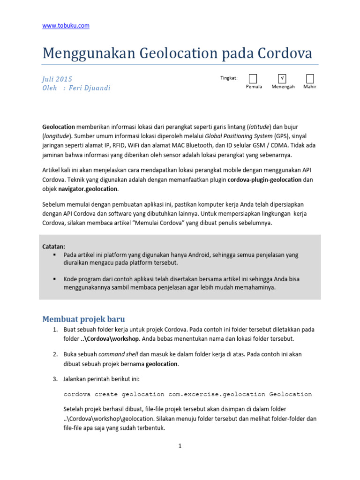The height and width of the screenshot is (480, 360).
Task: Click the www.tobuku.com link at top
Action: click(66, 26)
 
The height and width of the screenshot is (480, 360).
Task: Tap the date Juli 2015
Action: click(57, 79)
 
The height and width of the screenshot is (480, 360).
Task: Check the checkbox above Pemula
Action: click(253, 78)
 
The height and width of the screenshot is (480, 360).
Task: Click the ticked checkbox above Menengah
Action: click(283, 78)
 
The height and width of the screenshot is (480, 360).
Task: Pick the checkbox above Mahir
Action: click(310, 78)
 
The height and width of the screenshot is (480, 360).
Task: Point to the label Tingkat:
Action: click(229, 78)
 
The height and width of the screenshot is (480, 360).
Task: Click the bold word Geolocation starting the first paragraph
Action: click(59, 127)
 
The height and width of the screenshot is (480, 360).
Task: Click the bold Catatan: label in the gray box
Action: click(54, 246)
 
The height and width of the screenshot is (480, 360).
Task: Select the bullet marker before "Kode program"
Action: click(54, 278)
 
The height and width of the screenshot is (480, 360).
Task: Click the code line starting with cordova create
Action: click(187, 394)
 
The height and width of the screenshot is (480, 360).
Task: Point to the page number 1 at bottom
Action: click(180, 446)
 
